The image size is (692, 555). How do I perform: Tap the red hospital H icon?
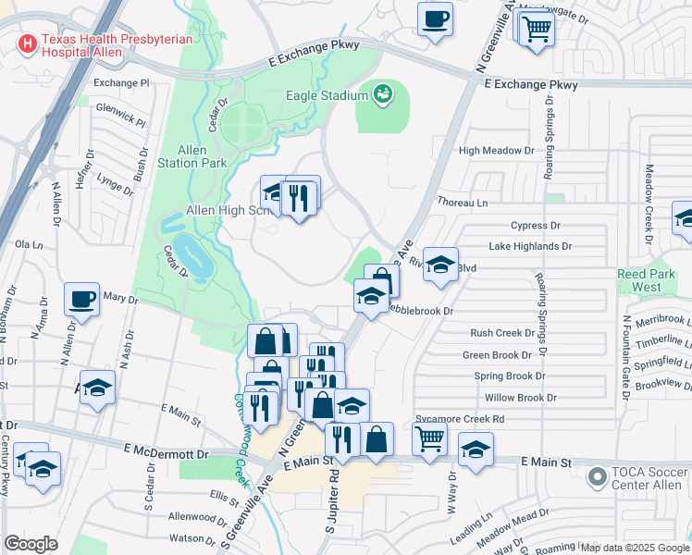click(x=27, y=43)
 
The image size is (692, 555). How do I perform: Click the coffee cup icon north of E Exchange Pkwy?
click(x=435, y=18)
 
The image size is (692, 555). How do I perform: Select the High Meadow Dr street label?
click(x=497, y=150)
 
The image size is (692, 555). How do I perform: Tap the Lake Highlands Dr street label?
click(x=530, y=247)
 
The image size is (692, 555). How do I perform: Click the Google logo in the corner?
click(x=31, y=543)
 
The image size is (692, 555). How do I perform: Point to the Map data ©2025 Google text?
click(x=635, y=548)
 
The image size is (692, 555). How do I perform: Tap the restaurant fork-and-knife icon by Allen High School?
click(x=298, y=198)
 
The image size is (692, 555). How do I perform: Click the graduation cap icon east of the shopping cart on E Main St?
click(x=476, y=450)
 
